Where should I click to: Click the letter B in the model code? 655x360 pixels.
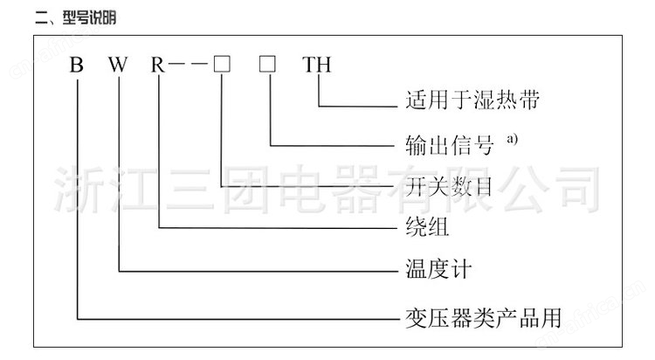pyautogui.click(x=77, y=65)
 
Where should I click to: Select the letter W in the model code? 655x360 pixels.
pyautogui.click(x=118, y=65)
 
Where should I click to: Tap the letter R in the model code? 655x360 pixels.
pyautogui.click(x=157, y=65)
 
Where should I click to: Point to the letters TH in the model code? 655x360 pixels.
pyautogui.click(x=317, y=65)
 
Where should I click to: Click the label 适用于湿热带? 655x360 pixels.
pyautogui.click(x=472, y=100)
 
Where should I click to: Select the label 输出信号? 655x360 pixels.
pyautogui.click(x=450, y=145)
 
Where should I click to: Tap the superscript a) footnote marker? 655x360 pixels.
pyautogui.click(x=512, y=138)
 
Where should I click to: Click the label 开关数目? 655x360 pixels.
pyautogui.click(x=450, y=186)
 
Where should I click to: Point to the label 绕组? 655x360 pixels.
pyautogui.click(x=427, y=227)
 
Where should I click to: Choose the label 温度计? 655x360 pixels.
pyautogui.click(x=438, y=269)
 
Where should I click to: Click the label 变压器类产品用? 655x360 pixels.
pyautogui.click(x=483, y=318)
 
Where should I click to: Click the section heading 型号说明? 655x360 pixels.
pyautogui.click(x=89, y=17)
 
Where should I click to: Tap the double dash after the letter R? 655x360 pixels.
pyautogui.click(x=188, y=64)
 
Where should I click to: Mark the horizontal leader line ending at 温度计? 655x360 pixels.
pyautogui.click(x=259, y=272)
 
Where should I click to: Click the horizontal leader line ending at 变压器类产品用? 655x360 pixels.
pyautogui.click(x=238, y=320)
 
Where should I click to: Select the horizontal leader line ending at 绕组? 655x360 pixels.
pyautogui.click(x=278, y=228)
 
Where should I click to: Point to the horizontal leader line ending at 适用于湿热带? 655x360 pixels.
pyautogui.click(x=358, y=107)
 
